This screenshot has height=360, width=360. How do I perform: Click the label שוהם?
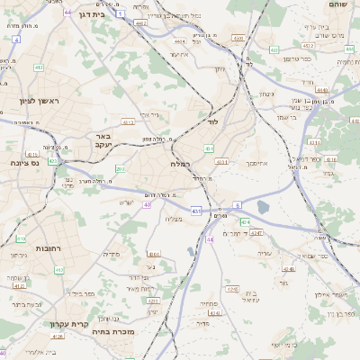pyautogui.click(x=337, y=5)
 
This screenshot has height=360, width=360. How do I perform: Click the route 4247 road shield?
pyautogui.click(x=256, y=233)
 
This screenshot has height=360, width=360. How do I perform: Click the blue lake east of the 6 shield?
pyautogui.click(x=262, y=207)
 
